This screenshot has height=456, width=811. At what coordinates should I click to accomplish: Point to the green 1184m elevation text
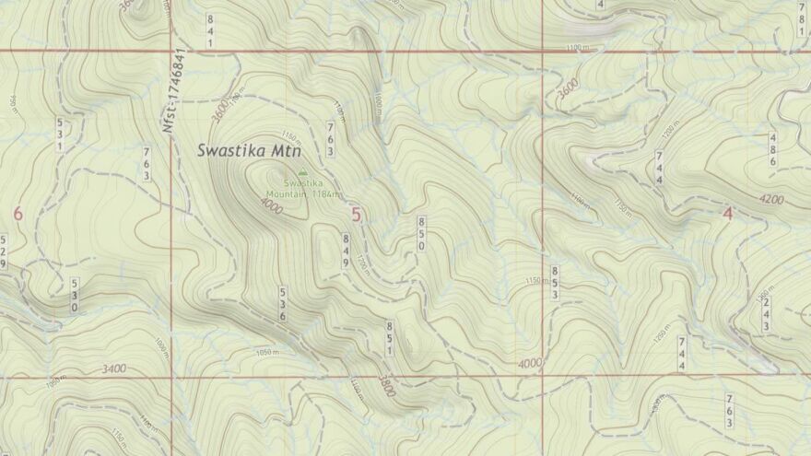pyautogui.click(x=329, y=194)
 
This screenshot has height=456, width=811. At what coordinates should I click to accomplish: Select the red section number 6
pyautogui.click(x=18, y=214)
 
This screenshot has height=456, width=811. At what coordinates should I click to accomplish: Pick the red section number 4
pyautogui.click(x=727, y=215)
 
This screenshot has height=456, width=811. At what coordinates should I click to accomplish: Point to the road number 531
pyautogui.click(x=60, y=134)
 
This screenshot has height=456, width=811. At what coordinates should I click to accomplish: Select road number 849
pyautogui.click(x=346, y=251)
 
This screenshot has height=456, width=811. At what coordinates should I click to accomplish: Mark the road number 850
pyautogui.click(x=421, y=234)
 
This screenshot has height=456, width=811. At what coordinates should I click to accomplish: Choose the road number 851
pyautogui.click(x=390, y=338)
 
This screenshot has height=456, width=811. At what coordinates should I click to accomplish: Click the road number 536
pyautogui.click(x=283, y=304)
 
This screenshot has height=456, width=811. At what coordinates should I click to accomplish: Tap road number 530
pyautogui.click(x=75, y=295)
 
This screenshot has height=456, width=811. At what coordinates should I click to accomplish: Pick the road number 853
pyautogui.click(x=555, y=282)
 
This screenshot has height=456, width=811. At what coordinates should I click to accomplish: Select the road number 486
pyautogui.click(x=772, y=149)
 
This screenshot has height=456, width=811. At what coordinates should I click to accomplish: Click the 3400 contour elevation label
pyautogui.click(x=115, y=369)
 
